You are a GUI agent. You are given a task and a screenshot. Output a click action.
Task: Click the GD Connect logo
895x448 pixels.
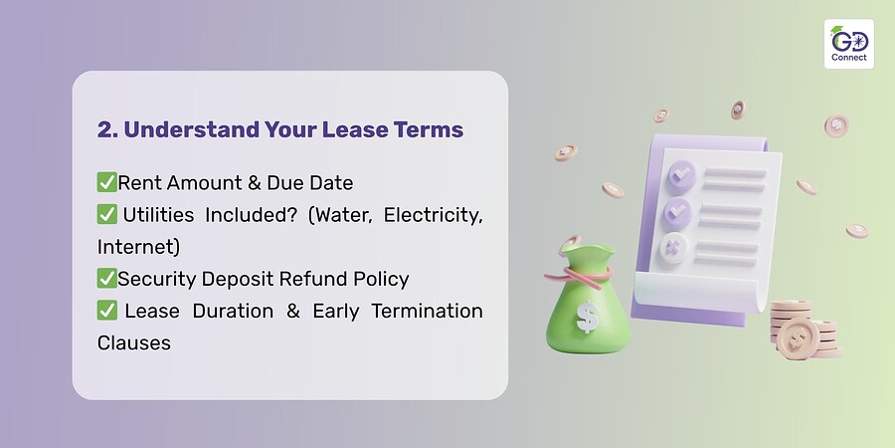pyautogui.click(x=849, y=44)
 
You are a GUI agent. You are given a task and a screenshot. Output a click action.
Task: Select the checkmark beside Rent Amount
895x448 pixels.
pyautogui.click(x=106, y=182)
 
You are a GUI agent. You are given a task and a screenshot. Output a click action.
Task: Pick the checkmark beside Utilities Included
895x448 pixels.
pyautogui.click(x=106, y=214)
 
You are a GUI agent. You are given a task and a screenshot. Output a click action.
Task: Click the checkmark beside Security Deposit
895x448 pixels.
pyautogui.click(x=106, y=279)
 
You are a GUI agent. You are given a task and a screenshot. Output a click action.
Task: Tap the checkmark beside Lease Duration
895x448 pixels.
pyautogui.click(x=106, y=311)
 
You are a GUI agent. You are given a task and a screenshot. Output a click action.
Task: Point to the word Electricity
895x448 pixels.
pyautogui.click(x=434, y=215)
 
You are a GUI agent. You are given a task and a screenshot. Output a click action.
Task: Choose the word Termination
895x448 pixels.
pyautogui.click(x=427, y=311)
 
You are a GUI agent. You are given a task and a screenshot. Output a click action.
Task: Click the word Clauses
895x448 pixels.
pyautogui.click(x=133, y=342)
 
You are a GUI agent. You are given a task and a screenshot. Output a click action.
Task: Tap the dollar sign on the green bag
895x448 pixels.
pyautogui.click(x=588, y=317)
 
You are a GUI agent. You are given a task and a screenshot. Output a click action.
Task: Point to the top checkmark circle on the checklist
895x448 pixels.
pyautogui.click(x=681, y=176)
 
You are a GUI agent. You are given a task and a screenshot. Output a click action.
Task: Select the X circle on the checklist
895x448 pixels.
pyautogui.click(x=673, y=249)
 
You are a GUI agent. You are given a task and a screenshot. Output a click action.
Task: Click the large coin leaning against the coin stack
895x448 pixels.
pyautogui.click(x=797, y=338)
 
